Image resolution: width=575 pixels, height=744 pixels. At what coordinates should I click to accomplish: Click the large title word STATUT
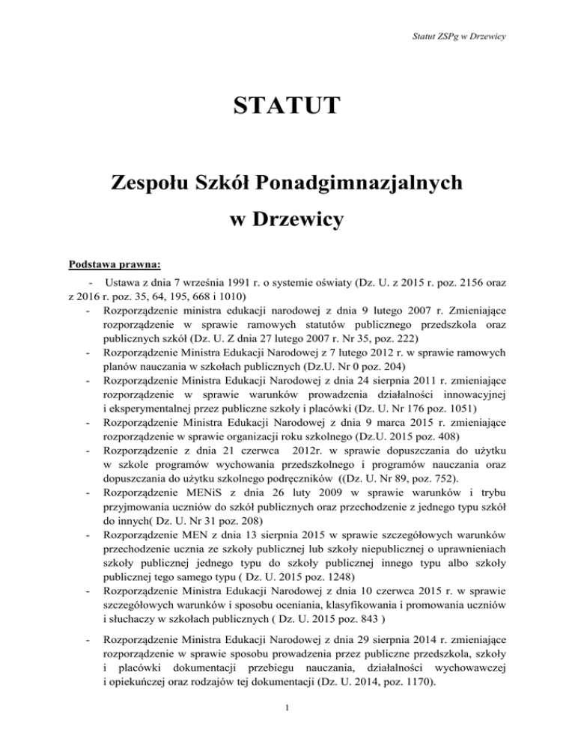(x=287, y=103)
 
